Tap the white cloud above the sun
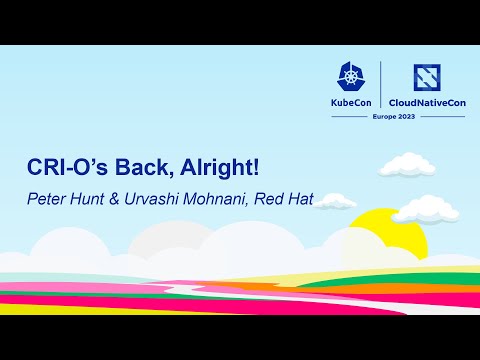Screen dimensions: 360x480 point(405,163)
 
